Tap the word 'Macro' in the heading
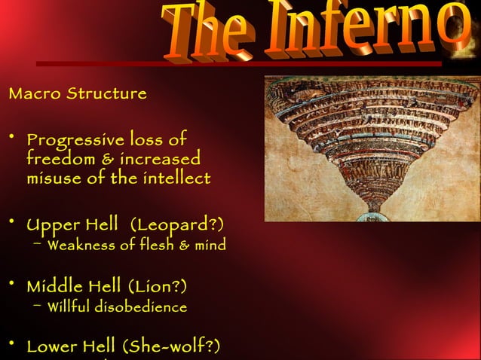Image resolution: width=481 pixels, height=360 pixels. [34, 94]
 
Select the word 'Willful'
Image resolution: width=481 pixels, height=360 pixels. [70, 307]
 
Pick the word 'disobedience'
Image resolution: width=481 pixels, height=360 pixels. [142, 307]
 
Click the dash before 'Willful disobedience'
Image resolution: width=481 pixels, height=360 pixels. [38, 305]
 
